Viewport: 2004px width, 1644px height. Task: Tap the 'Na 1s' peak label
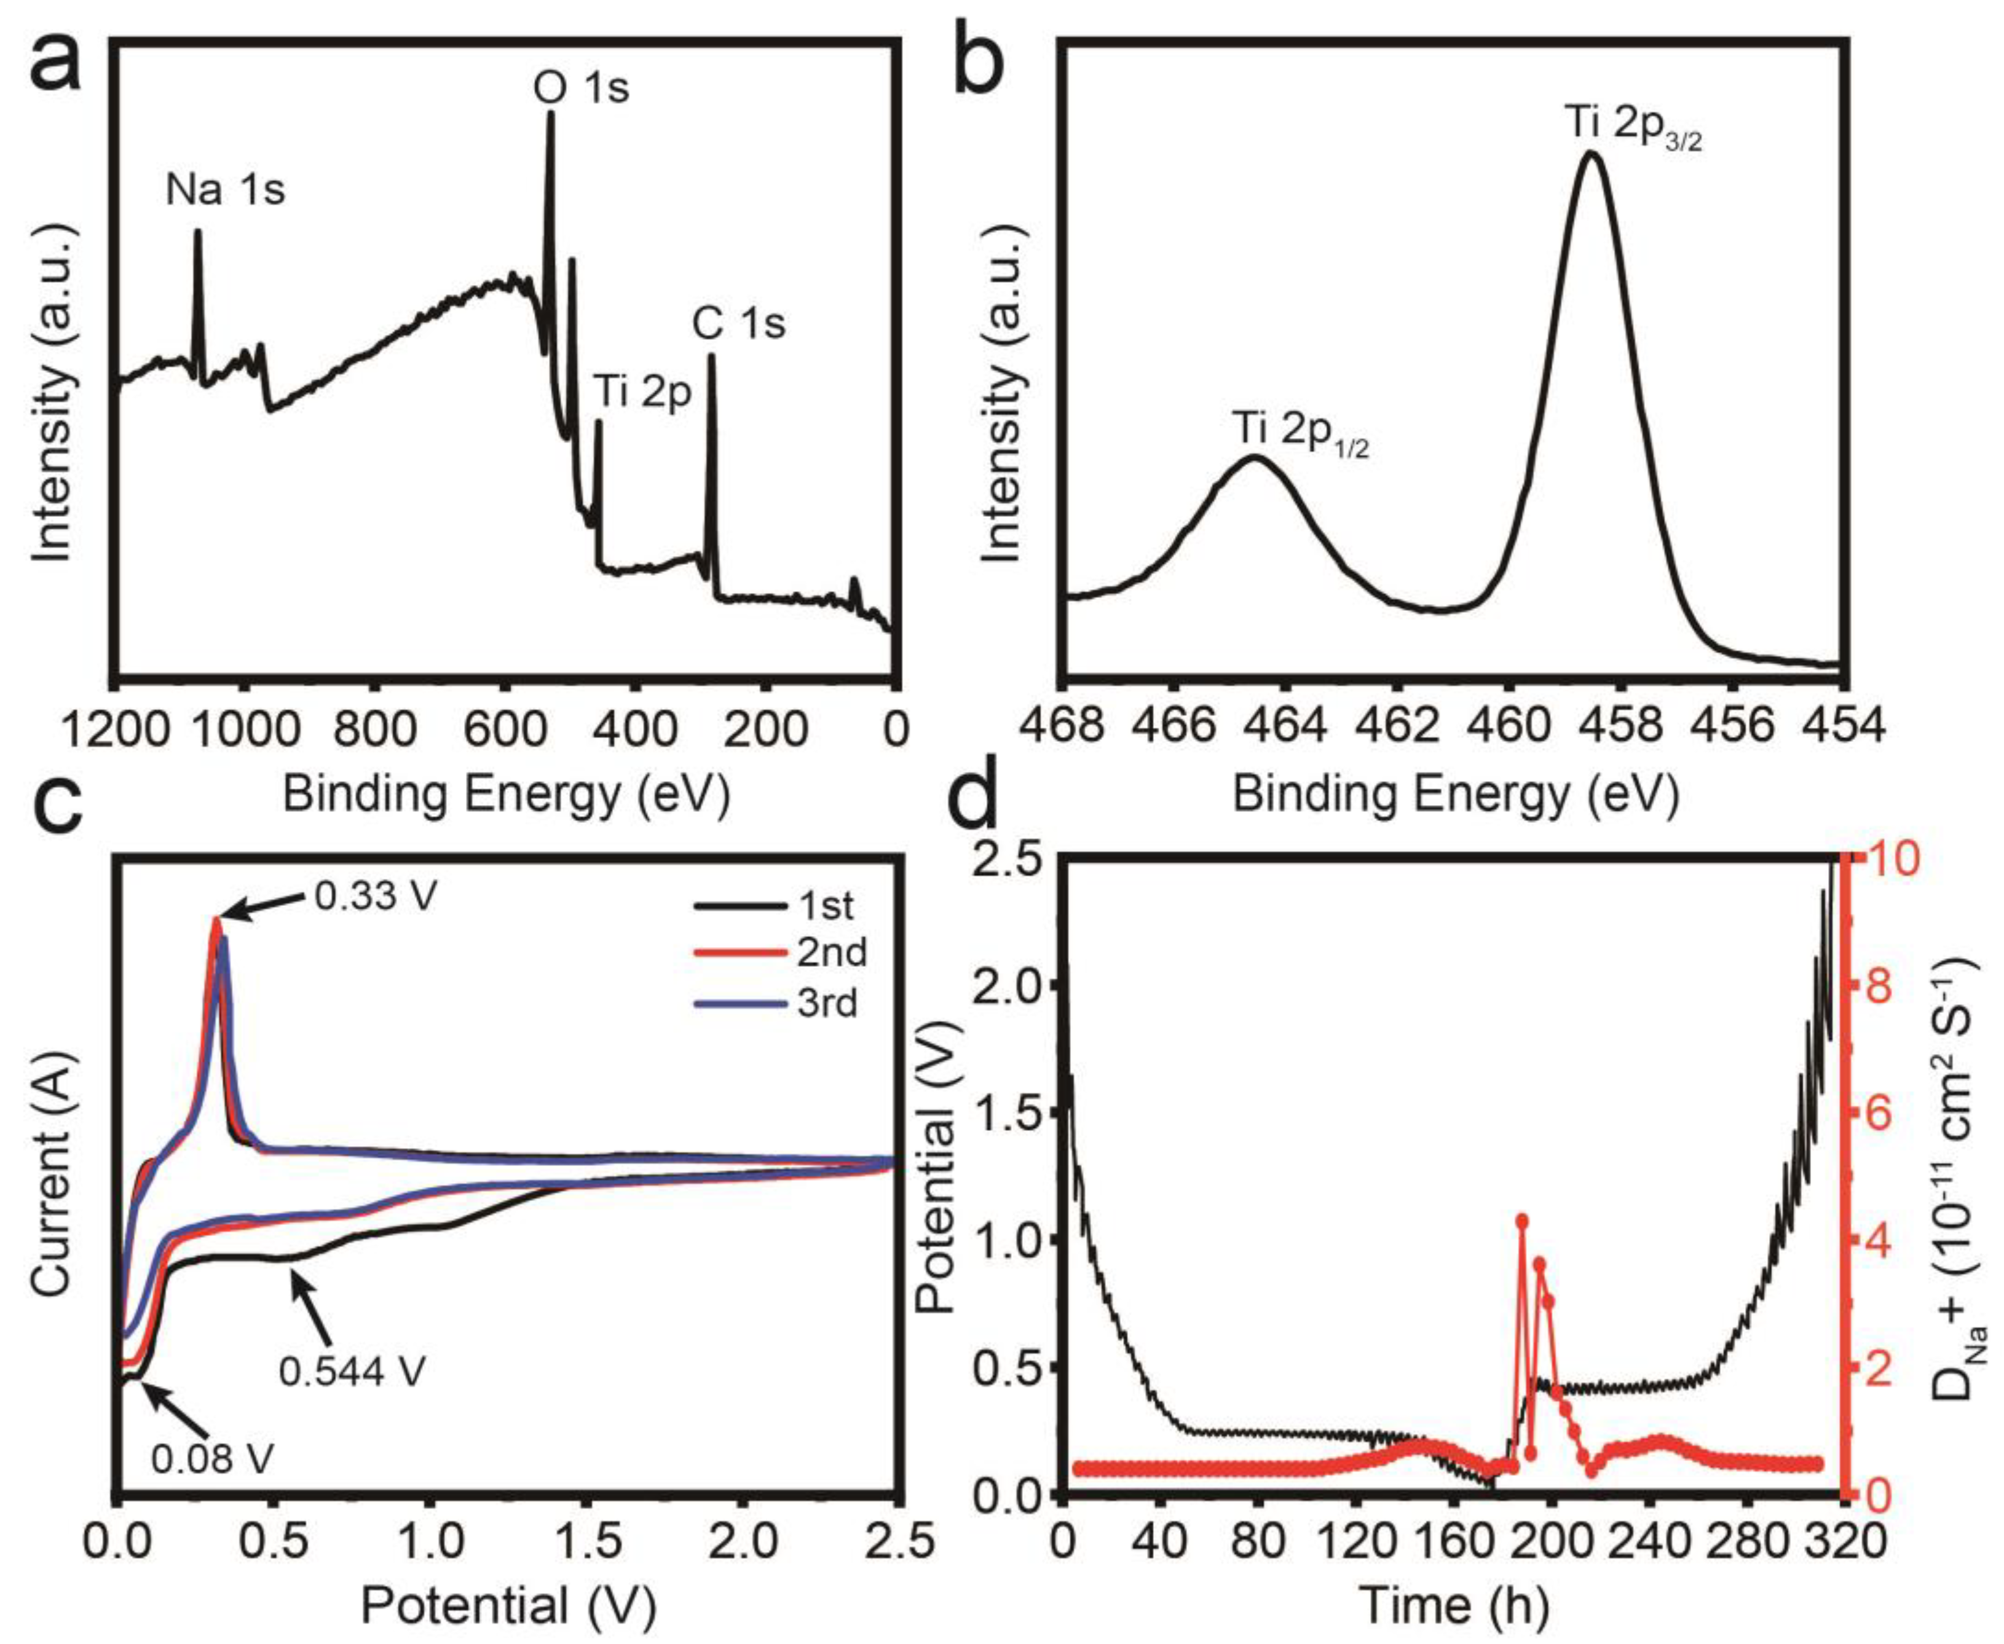point(226,191)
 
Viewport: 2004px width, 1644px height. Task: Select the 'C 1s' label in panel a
point(739,324)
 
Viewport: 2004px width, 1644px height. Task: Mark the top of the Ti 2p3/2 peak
point(1591,154)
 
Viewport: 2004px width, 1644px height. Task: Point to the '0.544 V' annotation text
point(352,1371)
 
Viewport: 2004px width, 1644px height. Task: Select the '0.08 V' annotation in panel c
point(211,1458)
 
